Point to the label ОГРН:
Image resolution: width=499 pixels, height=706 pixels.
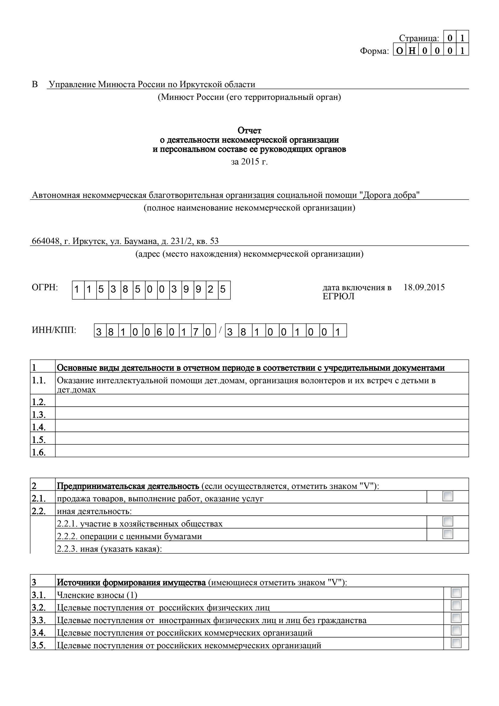[45, 287]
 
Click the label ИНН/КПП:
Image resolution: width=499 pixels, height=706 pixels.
[54, 330]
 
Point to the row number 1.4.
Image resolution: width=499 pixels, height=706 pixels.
[38, 427]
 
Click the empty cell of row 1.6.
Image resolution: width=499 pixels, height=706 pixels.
[261, 451]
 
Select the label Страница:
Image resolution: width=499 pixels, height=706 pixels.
[419, 38]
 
